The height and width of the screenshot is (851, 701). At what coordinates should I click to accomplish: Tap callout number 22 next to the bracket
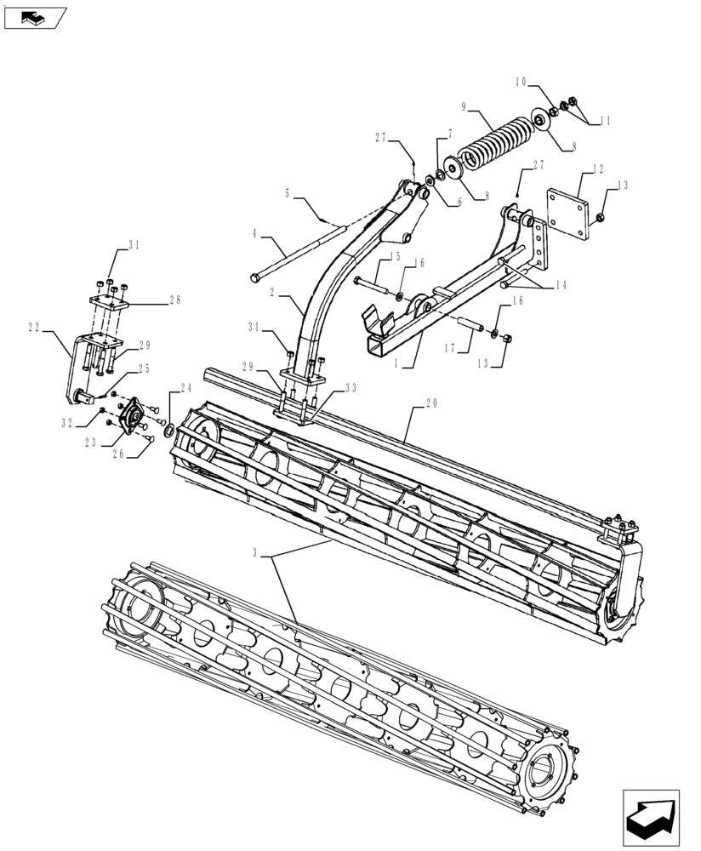pos(35,328)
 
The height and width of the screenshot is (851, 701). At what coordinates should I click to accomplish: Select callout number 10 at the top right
pos(521,83)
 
